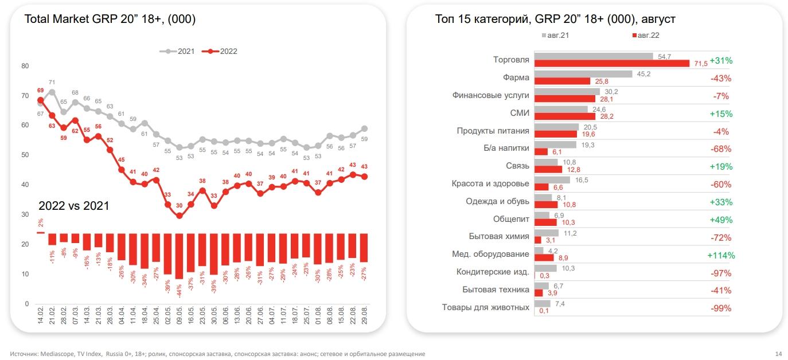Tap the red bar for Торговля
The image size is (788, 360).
(611, 64)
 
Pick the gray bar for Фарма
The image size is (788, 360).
(583, 74)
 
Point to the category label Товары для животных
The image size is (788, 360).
(485, 307)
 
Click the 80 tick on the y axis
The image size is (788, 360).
(25, 66)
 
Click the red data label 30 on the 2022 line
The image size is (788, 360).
(179, 206)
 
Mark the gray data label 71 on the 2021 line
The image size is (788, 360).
(52, 83)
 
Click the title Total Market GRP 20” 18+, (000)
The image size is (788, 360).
(110, 19)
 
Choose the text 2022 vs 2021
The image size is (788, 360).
(73, 205)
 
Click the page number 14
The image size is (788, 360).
(778, 354)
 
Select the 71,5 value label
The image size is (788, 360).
(700, 64)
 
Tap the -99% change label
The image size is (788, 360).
(720, 308)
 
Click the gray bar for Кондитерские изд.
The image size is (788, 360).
(545, 268)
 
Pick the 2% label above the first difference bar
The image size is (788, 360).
(41, 223)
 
